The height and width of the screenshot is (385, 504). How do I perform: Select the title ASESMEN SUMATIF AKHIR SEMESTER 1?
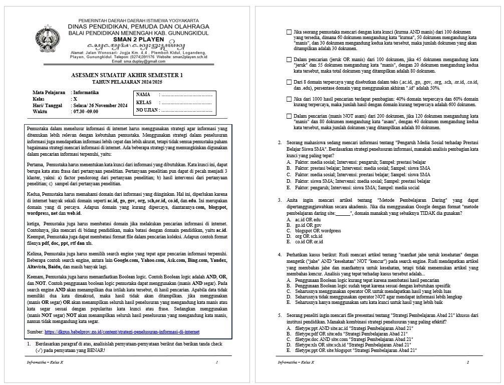(127, 75)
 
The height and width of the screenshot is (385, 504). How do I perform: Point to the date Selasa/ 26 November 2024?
(100, 105)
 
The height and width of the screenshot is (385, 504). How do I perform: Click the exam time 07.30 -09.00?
(87, 112)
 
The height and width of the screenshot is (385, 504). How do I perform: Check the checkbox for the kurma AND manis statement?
(289, 32)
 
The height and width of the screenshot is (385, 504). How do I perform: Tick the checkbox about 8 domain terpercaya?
(289, 82)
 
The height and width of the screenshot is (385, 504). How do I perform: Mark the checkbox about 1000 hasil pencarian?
(289, 99)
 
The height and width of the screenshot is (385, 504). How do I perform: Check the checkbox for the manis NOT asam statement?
(289, 116)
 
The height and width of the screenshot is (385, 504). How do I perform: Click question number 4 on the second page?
(280, 255)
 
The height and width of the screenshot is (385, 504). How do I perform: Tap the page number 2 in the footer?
(467, 362)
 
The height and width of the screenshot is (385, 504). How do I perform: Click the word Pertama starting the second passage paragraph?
(35, 164)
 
